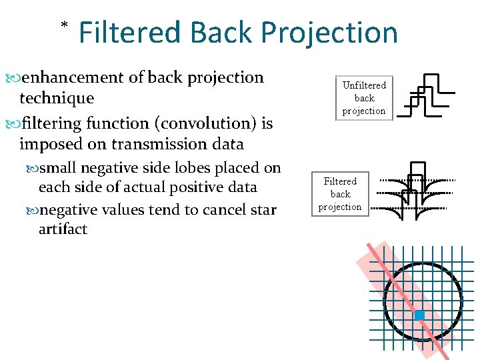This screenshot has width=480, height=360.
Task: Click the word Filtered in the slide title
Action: [x=129, y=32]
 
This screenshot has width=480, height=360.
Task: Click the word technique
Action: [x=57, y=98]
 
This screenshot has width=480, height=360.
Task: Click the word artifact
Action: [x=63, y=229]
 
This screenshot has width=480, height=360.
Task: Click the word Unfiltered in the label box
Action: [x=364, y=85]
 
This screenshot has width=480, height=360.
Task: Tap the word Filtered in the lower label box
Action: [x=340, y=181]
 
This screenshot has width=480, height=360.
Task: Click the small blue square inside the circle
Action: [x=419, y=315]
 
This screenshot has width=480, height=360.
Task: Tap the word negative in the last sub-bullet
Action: [x=74, y=210]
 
